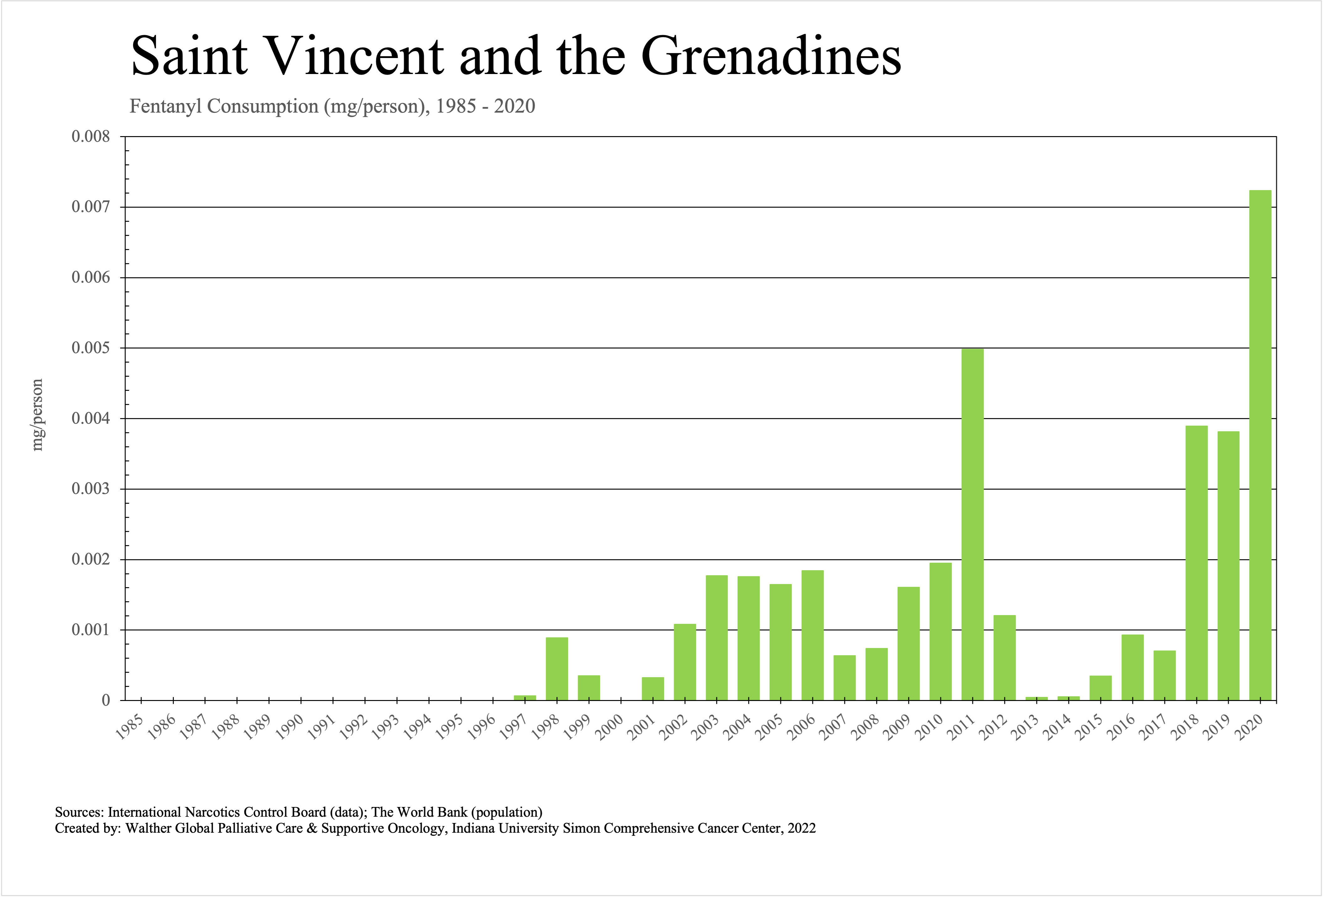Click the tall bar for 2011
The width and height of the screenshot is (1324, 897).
(972, 524)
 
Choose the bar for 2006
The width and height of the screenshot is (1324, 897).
(812, 635)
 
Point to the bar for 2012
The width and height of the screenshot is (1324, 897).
(1004, 657)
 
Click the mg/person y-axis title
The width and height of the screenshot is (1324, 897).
(37, 415)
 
